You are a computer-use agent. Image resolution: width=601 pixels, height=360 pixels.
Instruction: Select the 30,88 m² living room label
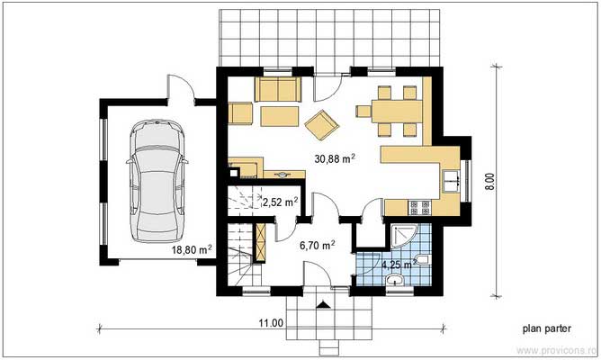[x=334, y=158]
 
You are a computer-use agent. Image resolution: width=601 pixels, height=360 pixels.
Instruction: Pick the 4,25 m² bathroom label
[x=397, y=265]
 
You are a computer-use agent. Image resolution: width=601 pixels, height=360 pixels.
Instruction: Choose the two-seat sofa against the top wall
[x=278, y=90]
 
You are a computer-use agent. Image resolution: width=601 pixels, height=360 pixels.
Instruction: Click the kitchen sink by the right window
[x=452, y=178]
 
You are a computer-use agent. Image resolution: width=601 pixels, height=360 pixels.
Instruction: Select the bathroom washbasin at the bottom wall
[x=394, y=282]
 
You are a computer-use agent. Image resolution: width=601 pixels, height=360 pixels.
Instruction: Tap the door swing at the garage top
[x=181, y=88]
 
